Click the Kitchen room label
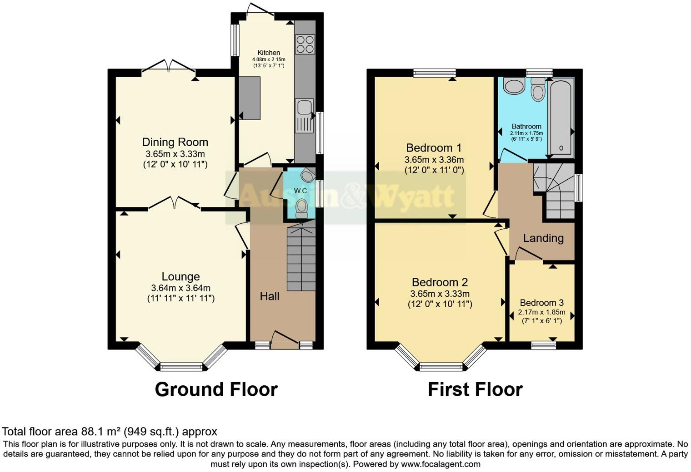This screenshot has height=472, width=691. pos(269,53)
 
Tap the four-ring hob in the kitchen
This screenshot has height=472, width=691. pos(305,44)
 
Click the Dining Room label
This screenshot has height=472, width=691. pos(175,143)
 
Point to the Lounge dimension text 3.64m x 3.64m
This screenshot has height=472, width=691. pos(180,288)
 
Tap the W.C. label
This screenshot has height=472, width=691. pos(300,191)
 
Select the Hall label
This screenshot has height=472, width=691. pos(270,296)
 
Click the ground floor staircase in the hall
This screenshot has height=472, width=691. pos(301,259)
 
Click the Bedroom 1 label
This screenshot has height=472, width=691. pos(434,148)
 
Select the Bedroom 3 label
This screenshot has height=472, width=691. pos(541,303)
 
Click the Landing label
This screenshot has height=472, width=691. pos(543,238)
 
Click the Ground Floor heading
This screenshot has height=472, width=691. pos(216,389)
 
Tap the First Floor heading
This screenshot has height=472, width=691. pos(475,389)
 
